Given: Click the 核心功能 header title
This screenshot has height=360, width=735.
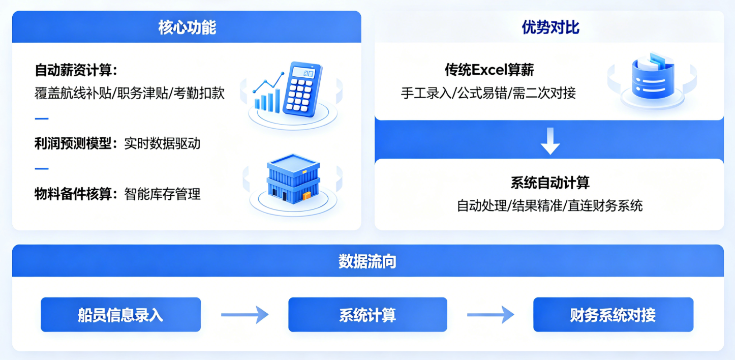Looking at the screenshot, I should [187, 27].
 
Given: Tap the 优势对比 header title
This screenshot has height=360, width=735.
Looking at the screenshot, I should [550, 27].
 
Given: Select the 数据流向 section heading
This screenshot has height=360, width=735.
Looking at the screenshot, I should [367, 261].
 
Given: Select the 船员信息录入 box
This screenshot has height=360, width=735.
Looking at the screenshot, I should [120, 315].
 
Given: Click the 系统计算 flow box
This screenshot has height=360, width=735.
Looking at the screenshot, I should [367, 315].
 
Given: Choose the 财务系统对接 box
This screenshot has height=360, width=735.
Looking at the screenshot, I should [613, 315].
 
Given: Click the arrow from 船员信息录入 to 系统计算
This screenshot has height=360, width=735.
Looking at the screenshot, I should [244, 315].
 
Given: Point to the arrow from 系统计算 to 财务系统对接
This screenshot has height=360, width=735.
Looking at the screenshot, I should [491, 315].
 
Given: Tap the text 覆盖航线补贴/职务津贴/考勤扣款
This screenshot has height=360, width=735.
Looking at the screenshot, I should [130, 94].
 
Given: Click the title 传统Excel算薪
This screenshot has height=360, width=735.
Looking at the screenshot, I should [489, 69].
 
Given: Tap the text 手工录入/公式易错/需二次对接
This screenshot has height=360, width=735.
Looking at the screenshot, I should [488, 94].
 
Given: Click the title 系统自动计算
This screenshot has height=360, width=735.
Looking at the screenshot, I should [550, 182].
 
